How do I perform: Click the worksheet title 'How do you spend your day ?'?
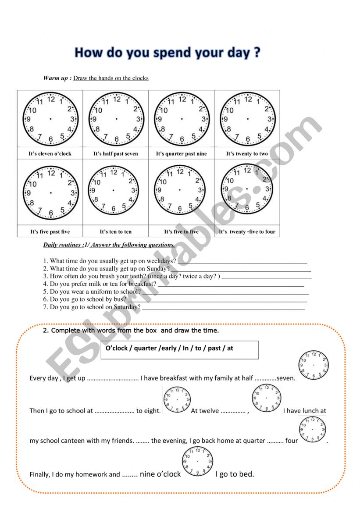(x=168, y=53)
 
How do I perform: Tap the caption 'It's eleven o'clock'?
(x=50, y=154)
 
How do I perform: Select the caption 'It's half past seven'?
(x=116, y=154)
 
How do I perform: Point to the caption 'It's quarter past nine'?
(x=181, y=154)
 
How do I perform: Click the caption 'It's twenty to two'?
(x=247, y=154)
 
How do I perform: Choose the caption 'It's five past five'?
(x=50, y=232)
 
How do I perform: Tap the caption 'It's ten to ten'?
(x=116, y=232)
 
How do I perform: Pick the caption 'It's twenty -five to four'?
(x=247, y=232)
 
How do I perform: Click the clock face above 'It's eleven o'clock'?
(x=50, y=119)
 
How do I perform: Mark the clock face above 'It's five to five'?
(x=180, y=190)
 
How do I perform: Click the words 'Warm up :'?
(x=57, y=78)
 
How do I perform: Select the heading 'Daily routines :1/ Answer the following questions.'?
(x=109, y=245)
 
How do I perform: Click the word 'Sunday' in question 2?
(x=157, y=269)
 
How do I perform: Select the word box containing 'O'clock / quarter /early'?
(x=179, y=349)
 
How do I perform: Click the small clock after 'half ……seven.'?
(x=314, y=365)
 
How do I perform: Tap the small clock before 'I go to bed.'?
(x=197, y=462)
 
